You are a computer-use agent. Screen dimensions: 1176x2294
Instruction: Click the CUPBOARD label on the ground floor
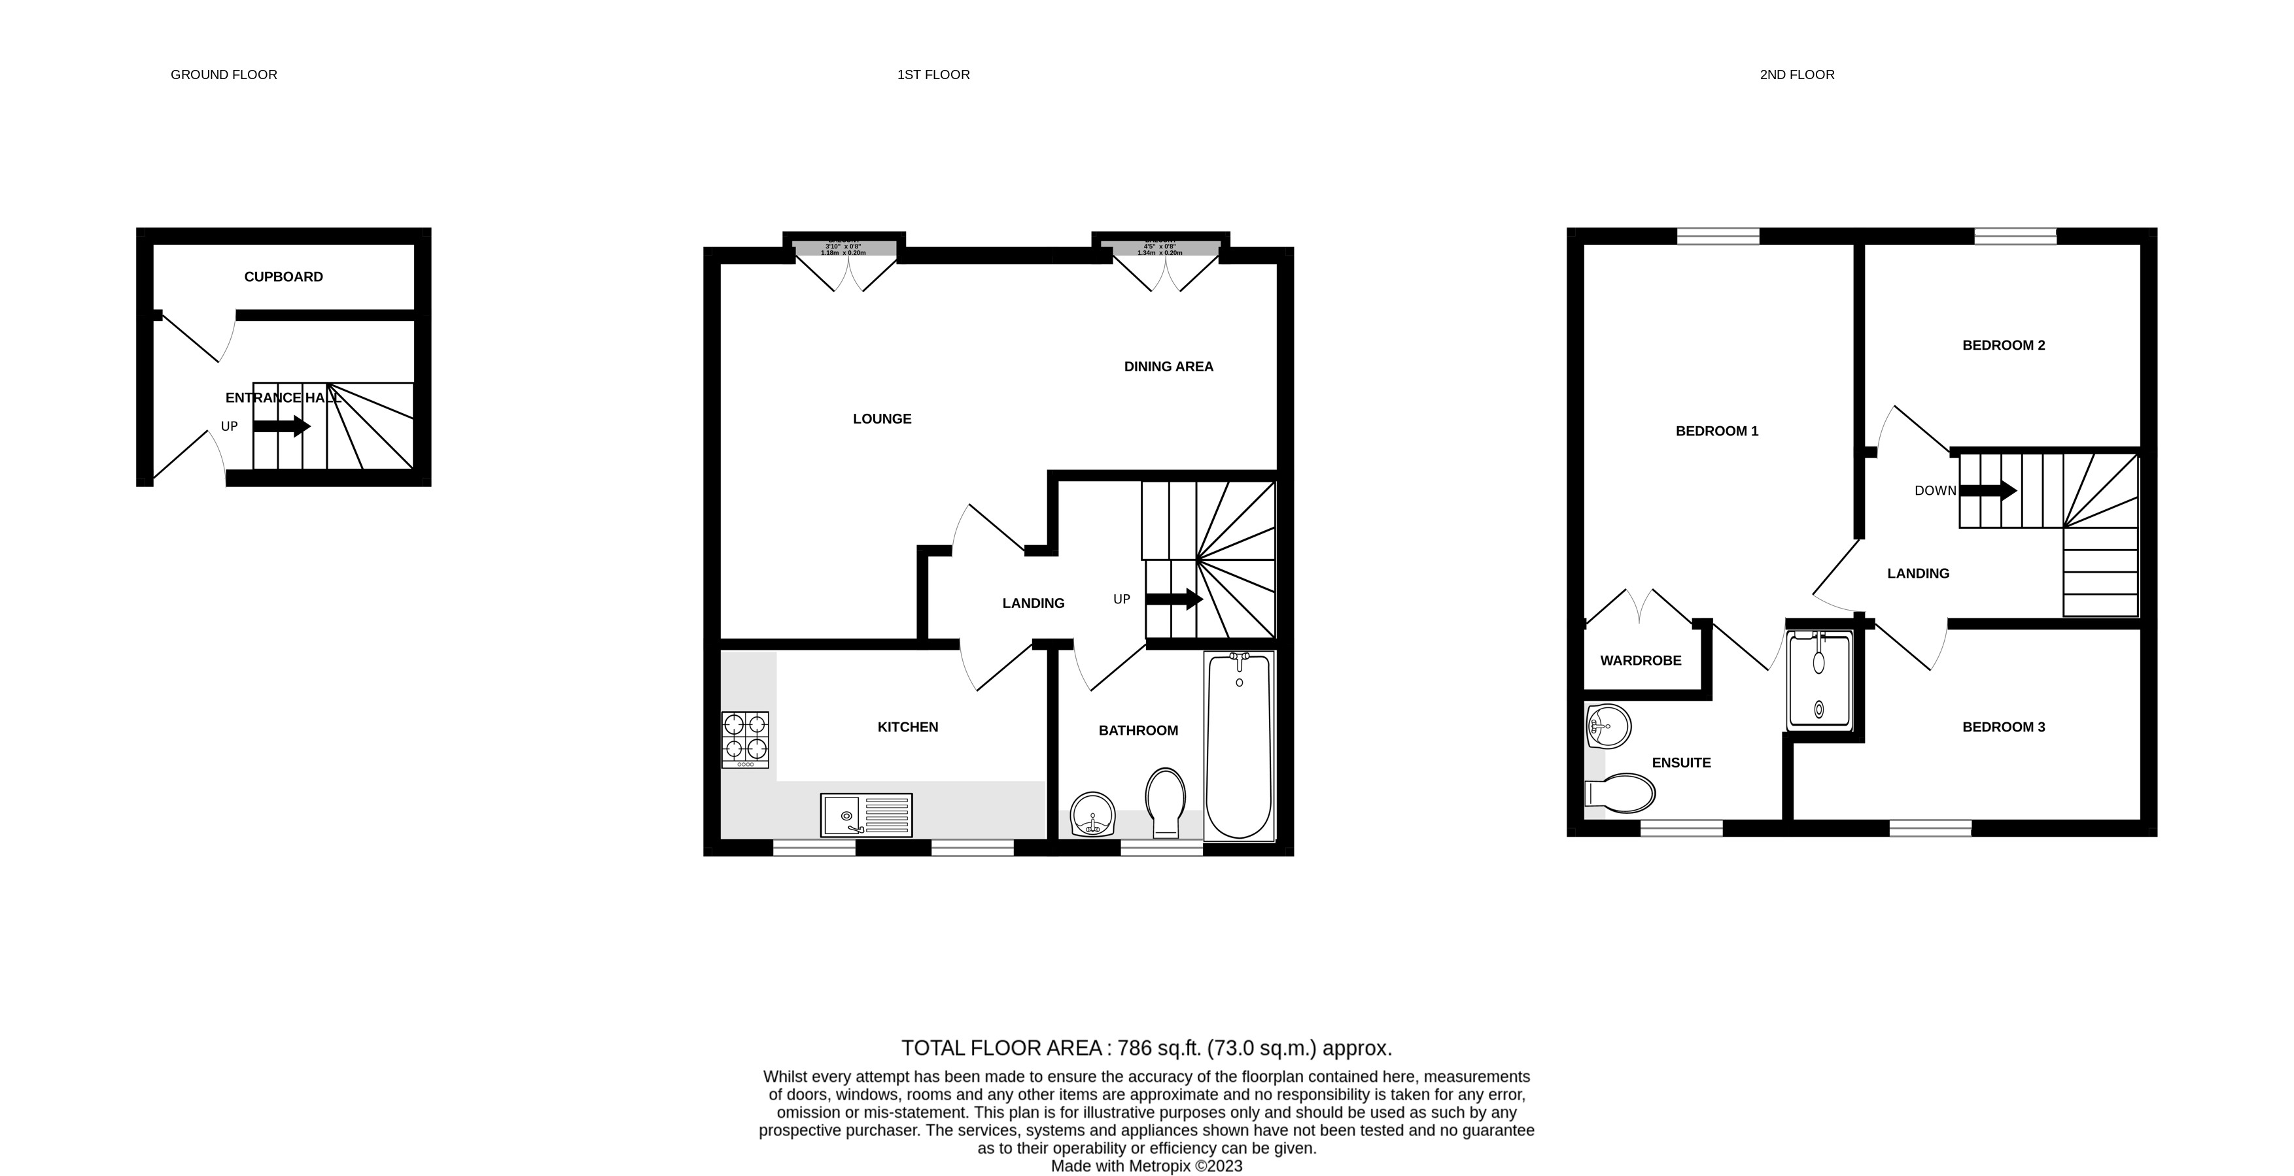click(x=283, y=277)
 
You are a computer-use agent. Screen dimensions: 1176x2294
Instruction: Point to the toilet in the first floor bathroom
click(x=1165, y=801)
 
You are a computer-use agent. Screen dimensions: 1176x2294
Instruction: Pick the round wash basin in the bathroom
click(x=1092, y=814)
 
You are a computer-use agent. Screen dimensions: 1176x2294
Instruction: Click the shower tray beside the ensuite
click(x=1818, y=679)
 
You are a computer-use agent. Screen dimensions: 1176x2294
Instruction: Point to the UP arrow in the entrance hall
click(x=281, y=426)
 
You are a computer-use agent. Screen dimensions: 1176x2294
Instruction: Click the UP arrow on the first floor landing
click(x=1173, y=599)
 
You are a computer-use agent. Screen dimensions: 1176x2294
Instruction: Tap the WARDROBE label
click(x=1641, y=660)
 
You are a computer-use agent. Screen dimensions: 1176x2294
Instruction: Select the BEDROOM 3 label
click(x=2003, y=728)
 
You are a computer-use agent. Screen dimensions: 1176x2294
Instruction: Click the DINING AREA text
click(x=1168, y=367)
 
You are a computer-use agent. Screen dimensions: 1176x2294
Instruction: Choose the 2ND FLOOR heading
click(x=1796, y=75)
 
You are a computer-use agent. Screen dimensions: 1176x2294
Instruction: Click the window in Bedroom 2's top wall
click(x=2015, y=236)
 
